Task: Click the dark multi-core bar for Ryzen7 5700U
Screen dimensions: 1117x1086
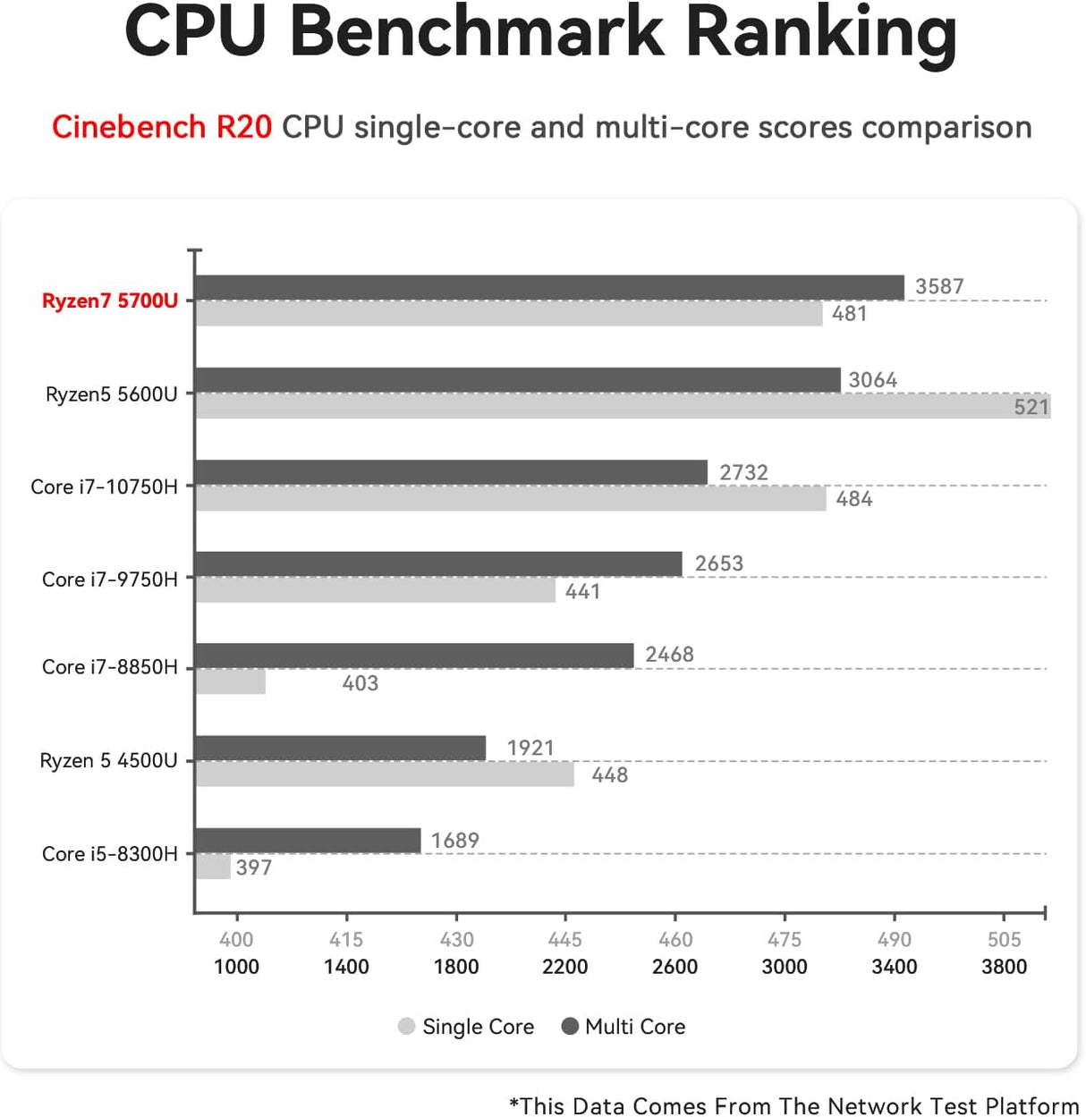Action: click(x=549, y=287)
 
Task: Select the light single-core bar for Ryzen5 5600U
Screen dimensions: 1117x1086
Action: click(x=623, y=406)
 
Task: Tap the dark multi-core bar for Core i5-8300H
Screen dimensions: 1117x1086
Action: click(x=308, y=841)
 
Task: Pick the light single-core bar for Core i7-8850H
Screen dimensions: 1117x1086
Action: click(x=231, y=682)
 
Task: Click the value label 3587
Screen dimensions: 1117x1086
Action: click(x=939, y=287)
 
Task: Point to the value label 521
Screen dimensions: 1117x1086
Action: click(x=1031, y=407)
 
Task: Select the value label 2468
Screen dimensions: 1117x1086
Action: click(x=669, y=655)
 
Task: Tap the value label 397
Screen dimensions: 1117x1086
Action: click(x=254, y=867)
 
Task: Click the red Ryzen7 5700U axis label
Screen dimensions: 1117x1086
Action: click(x=110, y=300)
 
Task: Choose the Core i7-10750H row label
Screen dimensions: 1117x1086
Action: click(x=104, y=487)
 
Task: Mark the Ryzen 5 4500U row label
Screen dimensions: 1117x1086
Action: click(x=108, y=761)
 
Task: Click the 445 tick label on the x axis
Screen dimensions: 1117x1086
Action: click(x=564, y=939)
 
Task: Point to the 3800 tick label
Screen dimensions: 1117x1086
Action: click(x=1004, y=967)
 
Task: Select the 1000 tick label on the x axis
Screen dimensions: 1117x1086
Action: click(x=236, y=967)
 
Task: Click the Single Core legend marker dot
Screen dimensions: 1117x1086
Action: click(x=407, y=1027)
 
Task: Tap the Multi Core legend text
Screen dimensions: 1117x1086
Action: click(x=635, y=1027)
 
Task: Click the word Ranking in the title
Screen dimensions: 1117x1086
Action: click(x=820, y=31)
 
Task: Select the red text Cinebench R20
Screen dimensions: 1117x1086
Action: click(x=162, y=127)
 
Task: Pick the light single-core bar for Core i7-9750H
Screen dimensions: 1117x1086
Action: click(x=376, y=590)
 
